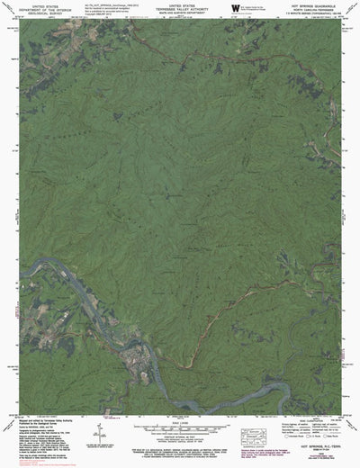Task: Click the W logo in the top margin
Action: (x=235, y=9)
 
